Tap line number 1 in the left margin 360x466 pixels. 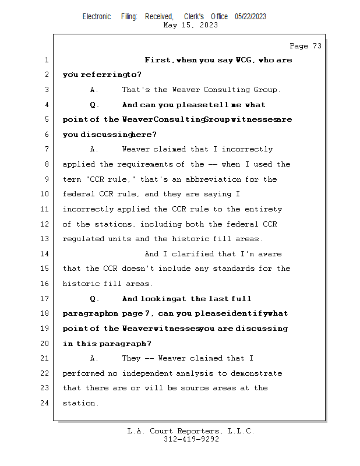point(46,60)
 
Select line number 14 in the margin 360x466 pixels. point(44,254)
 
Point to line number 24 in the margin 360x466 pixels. point(44,403)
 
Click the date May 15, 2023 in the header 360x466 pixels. point(191,25)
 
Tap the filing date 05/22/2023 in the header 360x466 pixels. point(250,16)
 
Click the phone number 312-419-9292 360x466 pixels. point(191,439)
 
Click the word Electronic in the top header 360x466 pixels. point(97,16)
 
